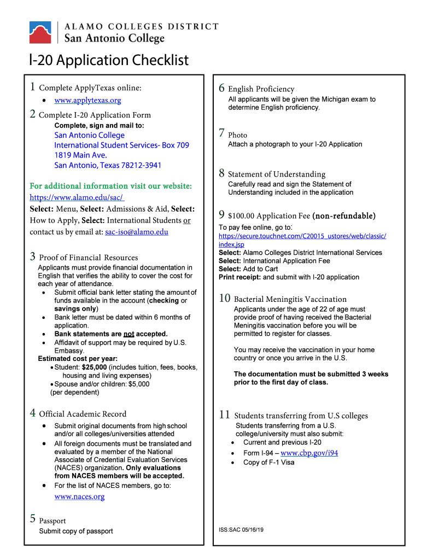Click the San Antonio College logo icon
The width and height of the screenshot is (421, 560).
40,33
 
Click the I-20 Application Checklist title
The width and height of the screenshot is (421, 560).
109,60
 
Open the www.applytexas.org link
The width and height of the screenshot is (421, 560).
87,101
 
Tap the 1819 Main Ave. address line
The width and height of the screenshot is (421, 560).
80,155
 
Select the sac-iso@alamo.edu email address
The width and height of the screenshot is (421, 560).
137,232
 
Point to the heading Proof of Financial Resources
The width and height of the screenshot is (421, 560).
89,258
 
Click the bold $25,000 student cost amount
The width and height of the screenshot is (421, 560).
94,367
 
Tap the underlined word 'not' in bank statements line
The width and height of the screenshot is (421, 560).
128,334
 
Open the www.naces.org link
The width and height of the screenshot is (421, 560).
79,497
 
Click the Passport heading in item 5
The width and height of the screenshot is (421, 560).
52,521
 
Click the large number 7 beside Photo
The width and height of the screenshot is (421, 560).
221,133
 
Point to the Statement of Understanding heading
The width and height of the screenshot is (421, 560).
276,174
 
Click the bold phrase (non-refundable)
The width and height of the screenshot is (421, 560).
344,215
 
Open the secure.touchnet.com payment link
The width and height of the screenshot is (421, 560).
302,240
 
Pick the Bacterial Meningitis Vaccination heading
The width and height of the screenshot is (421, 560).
290,299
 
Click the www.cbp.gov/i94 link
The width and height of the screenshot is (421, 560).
309,453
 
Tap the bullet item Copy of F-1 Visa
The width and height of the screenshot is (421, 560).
268,463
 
